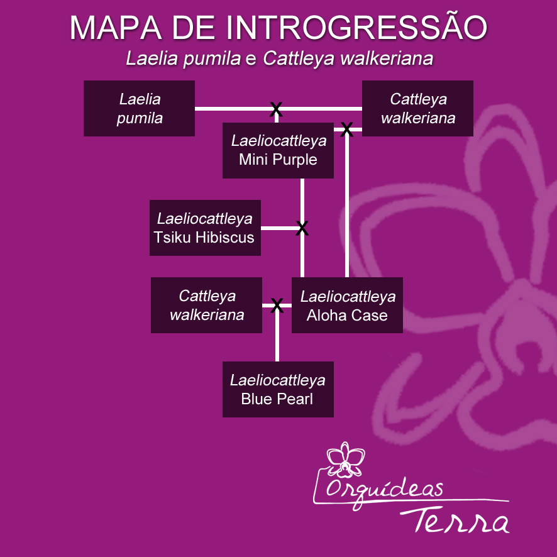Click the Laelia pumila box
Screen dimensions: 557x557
139,108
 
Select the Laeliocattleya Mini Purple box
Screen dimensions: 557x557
278,150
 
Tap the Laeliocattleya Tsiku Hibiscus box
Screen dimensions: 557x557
205,228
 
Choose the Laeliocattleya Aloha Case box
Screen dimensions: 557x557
347,306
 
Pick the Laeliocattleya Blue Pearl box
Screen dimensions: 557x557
277,389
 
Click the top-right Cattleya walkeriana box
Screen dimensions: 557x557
417,108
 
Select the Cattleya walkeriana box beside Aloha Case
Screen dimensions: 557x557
206,305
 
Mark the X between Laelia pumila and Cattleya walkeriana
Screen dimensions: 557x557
275,109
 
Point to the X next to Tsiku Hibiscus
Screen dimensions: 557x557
302,228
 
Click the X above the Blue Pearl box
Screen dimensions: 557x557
277,306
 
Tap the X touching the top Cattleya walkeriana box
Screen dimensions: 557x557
346,129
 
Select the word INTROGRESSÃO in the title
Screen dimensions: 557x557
356,28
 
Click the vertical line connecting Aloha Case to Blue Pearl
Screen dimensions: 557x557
277,339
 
